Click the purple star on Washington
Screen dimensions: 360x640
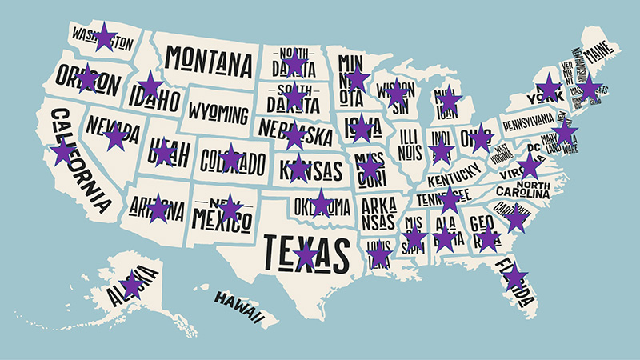[x=104, y=37]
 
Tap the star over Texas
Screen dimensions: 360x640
[x=306, y=254]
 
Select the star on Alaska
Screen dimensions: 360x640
[x=132, y=284]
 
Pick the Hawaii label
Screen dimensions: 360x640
[x=238, y=307]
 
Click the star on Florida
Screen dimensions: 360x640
[x=515, y=276]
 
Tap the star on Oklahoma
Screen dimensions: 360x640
[x=321, y=203]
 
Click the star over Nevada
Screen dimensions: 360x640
[x=116, y=137]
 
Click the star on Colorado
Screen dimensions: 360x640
[x=230, y=157]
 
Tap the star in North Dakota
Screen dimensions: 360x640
[x=295, y=62]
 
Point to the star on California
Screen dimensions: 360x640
[x=62, y=151]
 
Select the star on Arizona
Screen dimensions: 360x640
[x=158, y=208]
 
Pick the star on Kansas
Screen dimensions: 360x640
[x=298, y=168]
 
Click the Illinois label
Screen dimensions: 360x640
[x=408, y=140]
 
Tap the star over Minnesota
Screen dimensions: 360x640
[x=358, y=79]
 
